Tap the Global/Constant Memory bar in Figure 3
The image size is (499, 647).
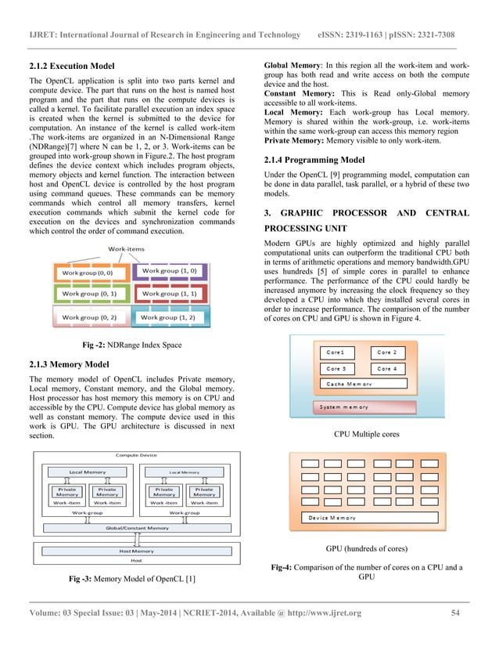137,528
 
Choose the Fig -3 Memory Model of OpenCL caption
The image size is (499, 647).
132,579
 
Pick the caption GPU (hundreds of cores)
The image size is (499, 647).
366,548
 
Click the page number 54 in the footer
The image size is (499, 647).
457,613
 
